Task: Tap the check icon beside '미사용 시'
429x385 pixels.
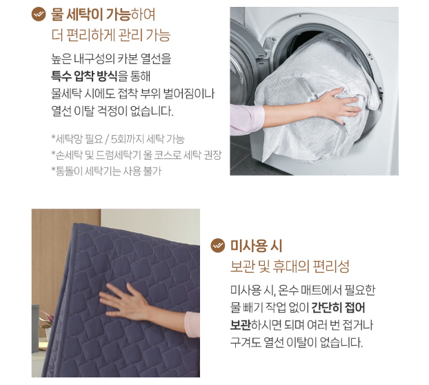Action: tap(218, 245)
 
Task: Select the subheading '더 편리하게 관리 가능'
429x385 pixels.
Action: tap(110, 35)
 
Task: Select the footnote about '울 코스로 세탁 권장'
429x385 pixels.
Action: tap(136, 155)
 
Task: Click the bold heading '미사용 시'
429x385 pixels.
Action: tap(256, 245)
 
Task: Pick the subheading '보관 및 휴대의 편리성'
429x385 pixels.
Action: tap(290, 266)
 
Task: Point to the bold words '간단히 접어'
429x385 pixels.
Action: tap(338, 307)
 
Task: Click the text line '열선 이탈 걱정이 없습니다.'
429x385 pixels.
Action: tap(112, 110)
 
